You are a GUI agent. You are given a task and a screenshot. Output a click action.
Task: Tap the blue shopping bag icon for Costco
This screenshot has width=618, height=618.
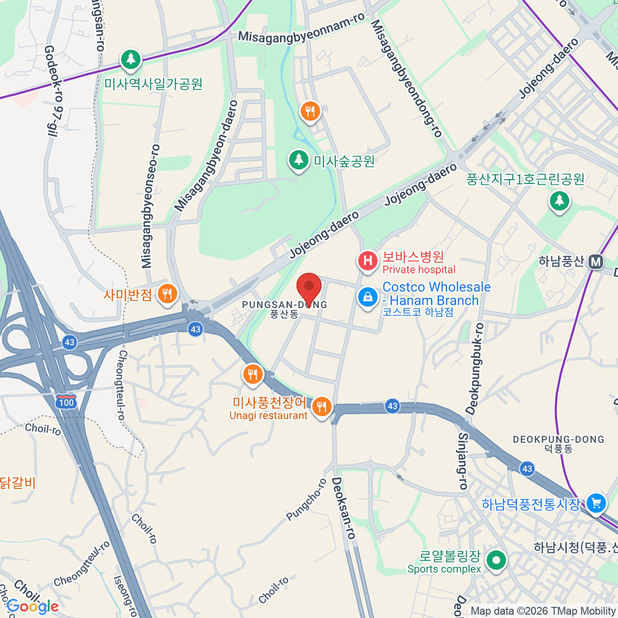(368, 298)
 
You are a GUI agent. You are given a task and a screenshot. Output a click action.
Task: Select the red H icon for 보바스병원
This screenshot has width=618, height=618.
(368, 261)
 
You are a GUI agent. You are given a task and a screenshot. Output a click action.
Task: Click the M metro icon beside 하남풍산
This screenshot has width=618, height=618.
(596, 262)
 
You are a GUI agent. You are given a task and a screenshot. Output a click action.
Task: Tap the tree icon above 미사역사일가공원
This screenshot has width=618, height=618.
(131, 59)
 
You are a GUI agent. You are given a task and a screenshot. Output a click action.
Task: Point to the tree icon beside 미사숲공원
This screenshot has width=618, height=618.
(298, 160)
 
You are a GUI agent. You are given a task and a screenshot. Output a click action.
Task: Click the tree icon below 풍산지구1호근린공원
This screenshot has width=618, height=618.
(559, 200)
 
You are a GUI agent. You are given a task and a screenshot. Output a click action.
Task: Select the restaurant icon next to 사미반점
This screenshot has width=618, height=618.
(167, 295)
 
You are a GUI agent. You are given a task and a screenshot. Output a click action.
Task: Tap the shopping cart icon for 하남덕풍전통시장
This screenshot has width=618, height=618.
(596, 503)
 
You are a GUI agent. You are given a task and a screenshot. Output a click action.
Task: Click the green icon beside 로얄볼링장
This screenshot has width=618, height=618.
(496, 560)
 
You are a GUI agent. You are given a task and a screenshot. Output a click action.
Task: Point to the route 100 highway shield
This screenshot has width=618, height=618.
(66, 402)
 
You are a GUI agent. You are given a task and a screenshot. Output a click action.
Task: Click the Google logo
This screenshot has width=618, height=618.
(32, 607)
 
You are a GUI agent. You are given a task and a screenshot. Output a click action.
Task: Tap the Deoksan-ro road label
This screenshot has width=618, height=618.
(344, 508)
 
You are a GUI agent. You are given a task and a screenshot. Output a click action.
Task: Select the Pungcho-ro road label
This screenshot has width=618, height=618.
(307, 500)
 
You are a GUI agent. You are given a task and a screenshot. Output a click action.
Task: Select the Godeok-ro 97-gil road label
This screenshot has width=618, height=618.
(53, 91)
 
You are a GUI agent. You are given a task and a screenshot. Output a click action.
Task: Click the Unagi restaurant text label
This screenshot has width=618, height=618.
(268, 416)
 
